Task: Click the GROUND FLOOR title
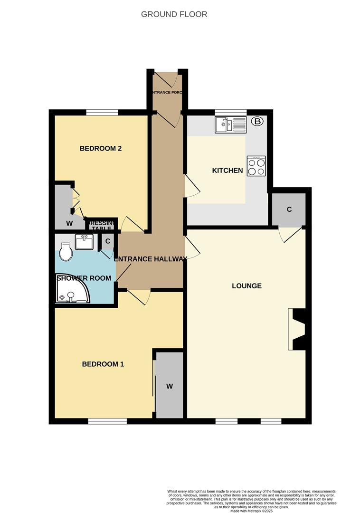point(174,14)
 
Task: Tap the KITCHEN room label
point(227,171)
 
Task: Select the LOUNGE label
point(246,286)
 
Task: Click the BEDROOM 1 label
point(103,364)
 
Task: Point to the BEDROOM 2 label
point(100,149)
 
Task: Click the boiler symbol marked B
point(257,122)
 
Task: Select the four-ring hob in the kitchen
point(256,167)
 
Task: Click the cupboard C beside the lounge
point(288,209)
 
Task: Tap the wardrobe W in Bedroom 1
point(170,386)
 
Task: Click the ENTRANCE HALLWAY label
point(151,259)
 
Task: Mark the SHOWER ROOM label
point(84,278)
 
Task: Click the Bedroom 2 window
point(102,113)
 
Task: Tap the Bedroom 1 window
point(107,421)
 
